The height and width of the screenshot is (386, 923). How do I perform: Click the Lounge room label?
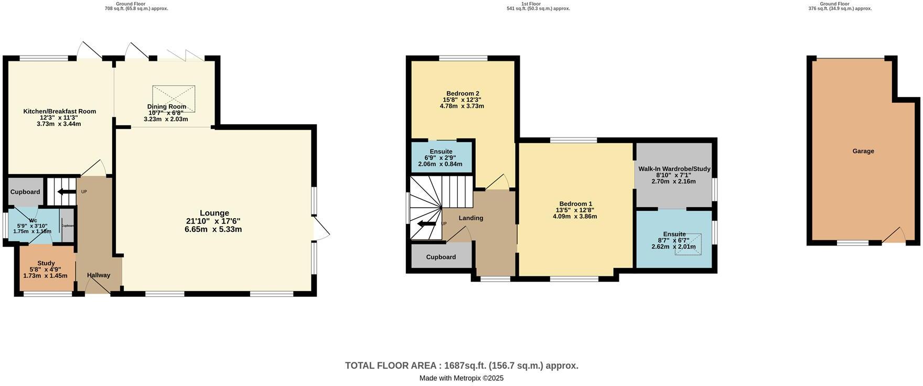(214, 213)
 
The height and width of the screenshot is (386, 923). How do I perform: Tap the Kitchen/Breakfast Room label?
(59, 111)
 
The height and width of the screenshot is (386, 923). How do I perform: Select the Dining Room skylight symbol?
(174, 98)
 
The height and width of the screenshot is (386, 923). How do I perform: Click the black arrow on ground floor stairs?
(66, 192)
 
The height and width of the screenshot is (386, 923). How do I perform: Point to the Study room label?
(46, 263)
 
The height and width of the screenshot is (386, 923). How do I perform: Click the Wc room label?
(33, 220)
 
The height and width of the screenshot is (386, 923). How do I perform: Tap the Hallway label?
(99, 275)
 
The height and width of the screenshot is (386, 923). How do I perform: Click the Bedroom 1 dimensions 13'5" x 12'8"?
(575, 210)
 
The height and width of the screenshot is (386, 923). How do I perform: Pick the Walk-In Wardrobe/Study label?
(674, 169)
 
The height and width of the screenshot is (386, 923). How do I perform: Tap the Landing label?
(470, 218)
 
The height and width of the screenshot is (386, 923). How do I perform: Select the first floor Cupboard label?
(441, 257)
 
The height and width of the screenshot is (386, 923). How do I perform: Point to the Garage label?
(863, 151)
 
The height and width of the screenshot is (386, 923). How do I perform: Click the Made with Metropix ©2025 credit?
(461, 378)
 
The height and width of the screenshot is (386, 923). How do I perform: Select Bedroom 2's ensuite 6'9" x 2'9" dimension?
(440, 158)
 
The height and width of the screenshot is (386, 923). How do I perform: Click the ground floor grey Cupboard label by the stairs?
(25, 192)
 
